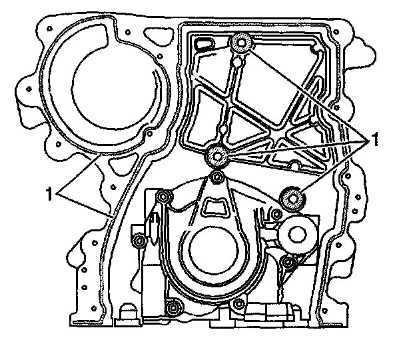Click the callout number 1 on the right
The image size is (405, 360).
point(375,141)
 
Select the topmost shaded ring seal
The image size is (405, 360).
point(240,44)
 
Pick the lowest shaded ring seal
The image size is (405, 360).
point(291,197)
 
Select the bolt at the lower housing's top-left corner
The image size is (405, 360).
point(162,197)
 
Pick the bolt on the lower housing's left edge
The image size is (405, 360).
point(139,240)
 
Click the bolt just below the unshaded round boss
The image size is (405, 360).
point(288,265)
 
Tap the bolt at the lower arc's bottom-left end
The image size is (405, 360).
point(173,307)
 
